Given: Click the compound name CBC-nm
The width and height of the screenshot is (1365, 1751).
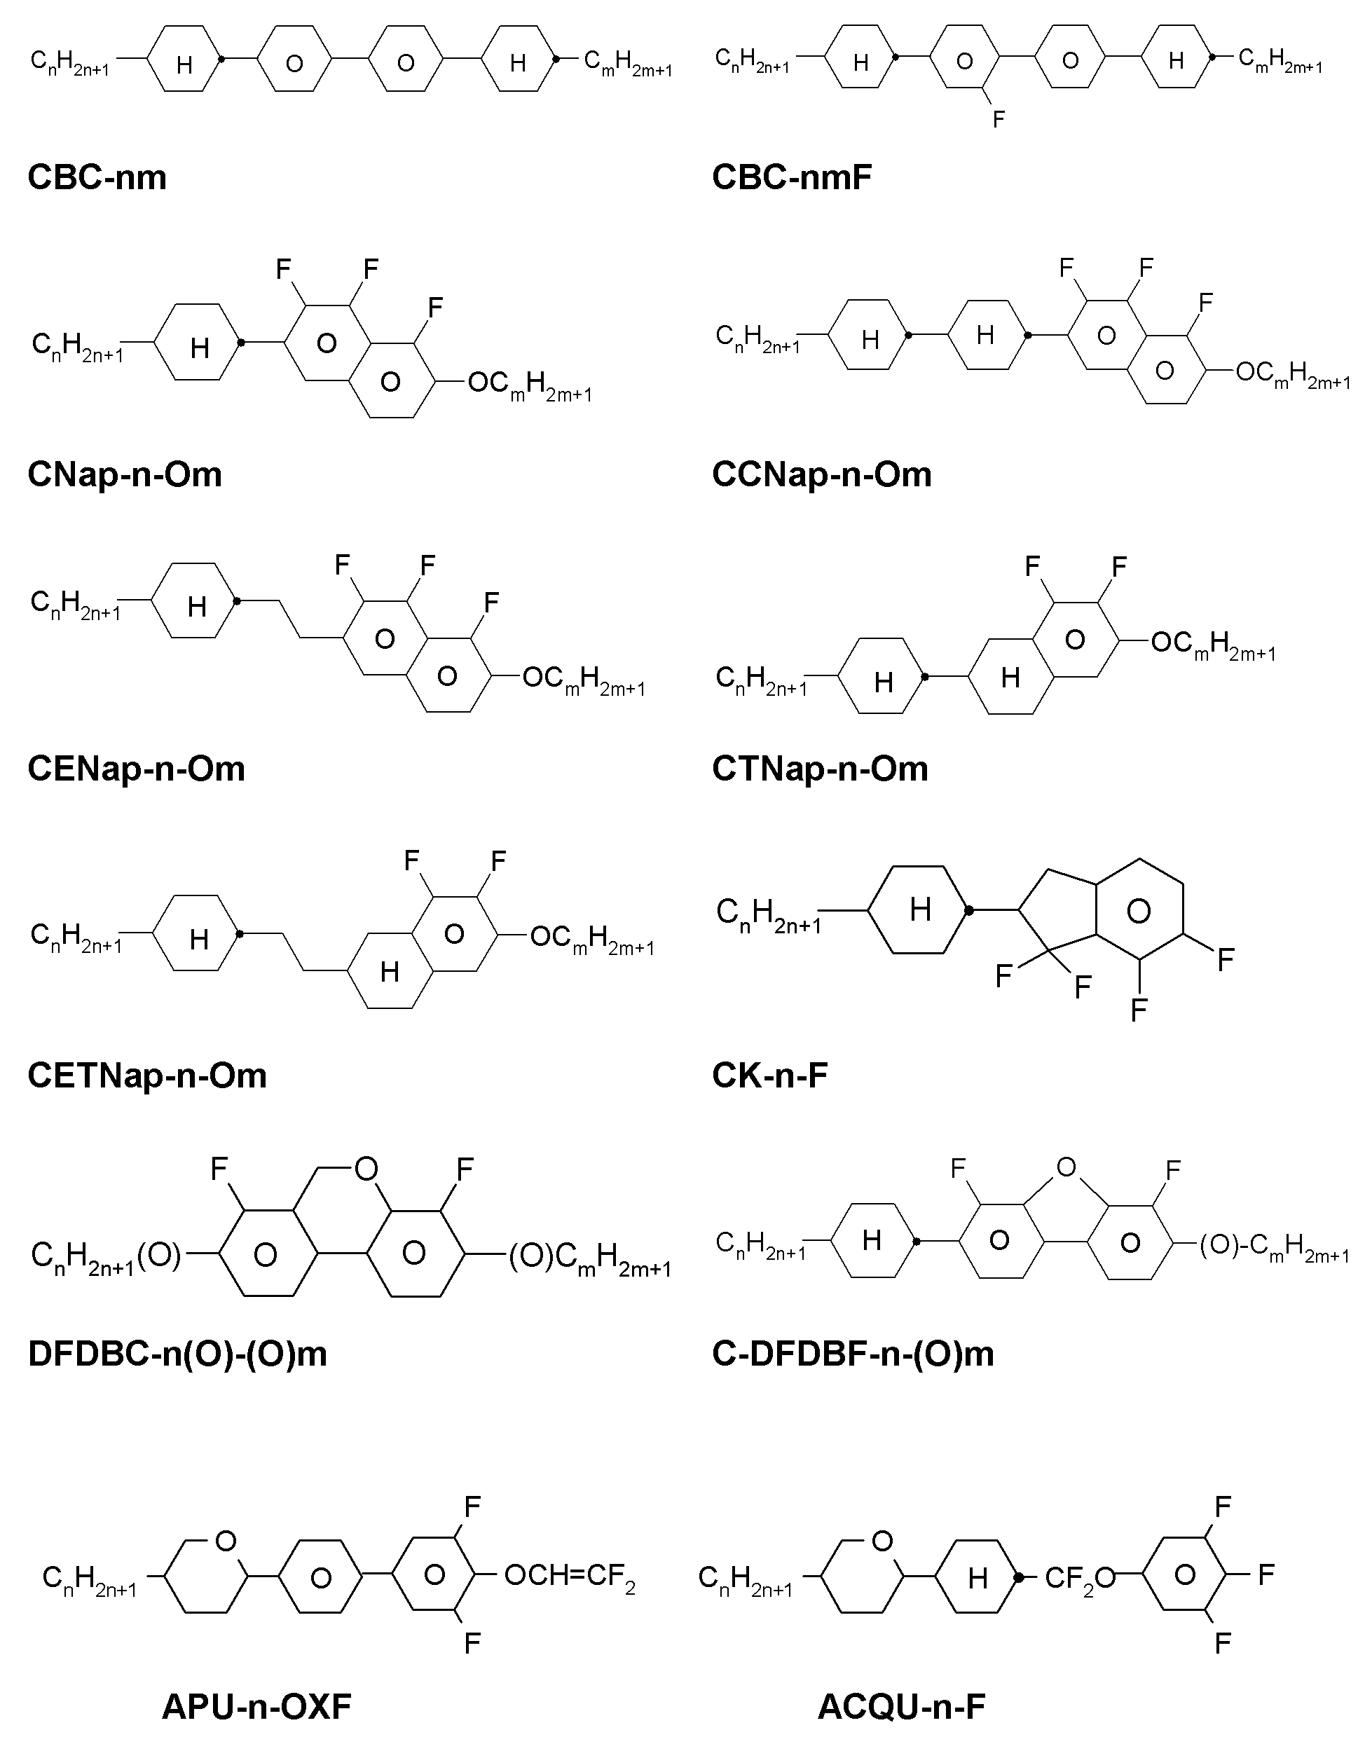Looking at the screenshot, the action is click(x=97, y=177).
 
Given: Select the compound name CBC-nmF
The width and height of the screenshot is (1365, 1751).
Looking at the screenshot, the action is click(x=792, y=177).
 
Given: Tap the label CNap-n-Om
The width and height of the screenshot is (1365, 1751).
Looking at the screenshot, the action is click(x=124, y=474).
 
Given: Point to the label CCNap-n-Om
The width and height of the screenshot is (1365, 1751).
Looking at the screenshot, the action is click(x=822, y=474).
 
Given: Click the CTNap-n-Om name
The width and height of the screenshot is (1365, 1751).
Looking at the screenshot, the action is click(x=821, y=769).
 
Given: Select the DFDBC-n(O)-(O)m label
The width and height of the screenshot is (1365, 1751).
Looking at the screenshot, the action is click(x=177, y=1354).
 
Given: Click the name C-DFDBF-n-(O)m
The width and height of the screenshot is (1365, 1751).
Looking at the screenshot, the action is click(x=853, y=1354).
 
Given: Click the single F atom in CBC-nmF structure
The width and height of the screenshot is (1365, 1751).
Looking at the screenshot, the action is click(x=999, y=119).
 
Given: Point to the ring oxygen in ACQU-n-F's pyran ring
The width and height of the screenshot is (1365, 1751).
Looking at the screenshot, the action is click(x=882, y=1541).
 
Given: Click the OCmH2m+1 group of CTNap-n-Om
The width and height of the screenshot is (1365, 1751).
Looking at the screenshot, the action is click(x=1213, y=645).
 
